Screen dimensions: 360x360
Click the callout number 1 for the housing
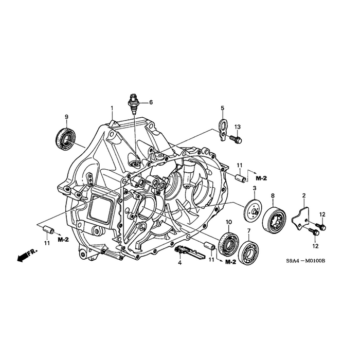click(x=112, y=108)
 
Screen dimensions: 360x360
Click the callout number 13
click(x=238, y=127)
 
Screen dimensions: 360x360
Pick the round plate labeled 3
click(x=254, y=209)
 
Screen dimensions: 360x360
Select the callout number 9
click(x=66, y=117)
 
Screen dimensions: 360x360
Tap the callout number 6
click(x=151, y=102)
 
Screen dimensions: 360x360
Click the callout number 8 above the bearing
click(x=273, y=195)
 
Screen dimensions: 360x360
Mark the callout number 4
click(x=180, y=263)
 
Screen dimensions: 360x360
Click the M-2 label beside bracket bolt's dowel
click(x=261, y=178)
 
